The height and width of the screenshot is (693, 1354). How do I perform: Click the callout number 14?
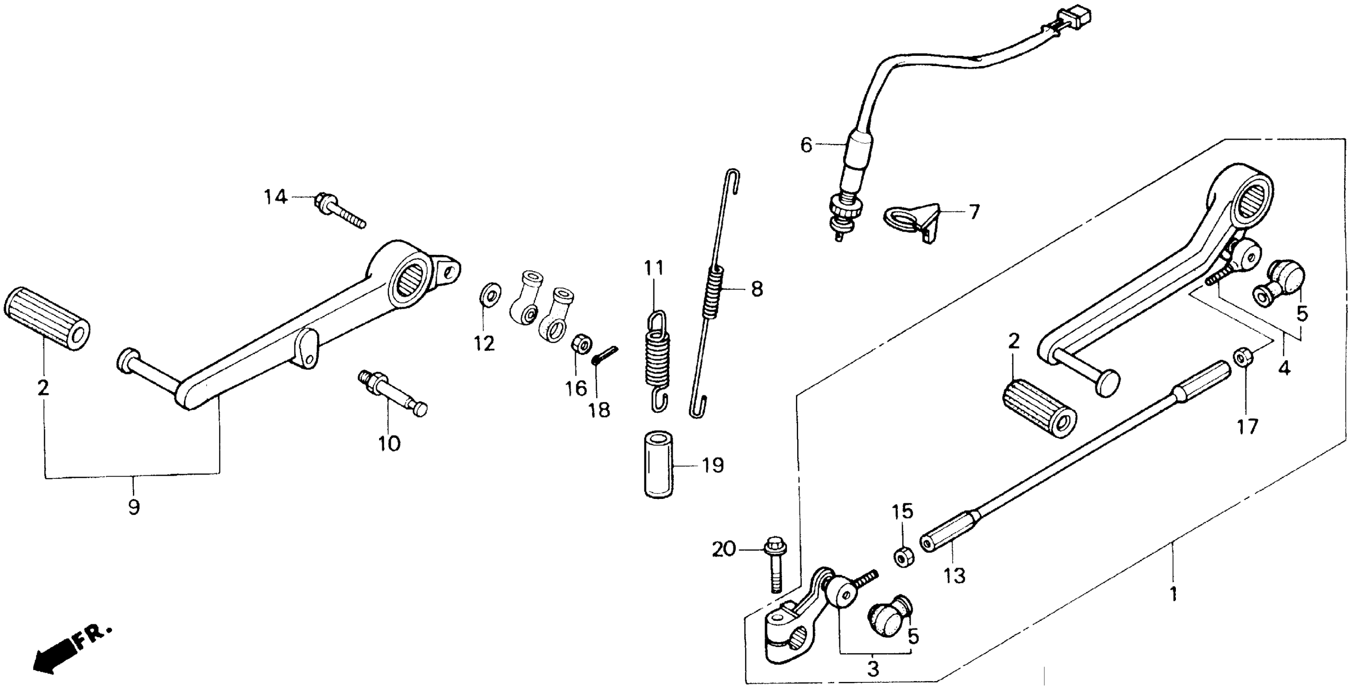click(x=276, y=198)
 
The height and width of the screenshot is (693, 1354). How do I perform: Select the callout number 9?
click(x=134, y=508)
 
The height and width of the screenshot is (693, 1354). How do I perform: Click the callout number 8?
click(x=756, y=289)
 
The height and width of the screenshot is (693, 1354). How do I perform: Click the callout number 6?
click(x=806, y=145)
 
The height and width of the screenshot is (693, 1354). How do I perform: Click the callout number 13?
click(x=955, y=576)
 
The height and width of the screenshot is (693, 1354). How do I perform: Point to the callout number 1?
click(x=1173, y=595)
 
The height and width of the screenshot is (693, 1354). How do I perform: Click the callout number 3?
click(x=873, y=669)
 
